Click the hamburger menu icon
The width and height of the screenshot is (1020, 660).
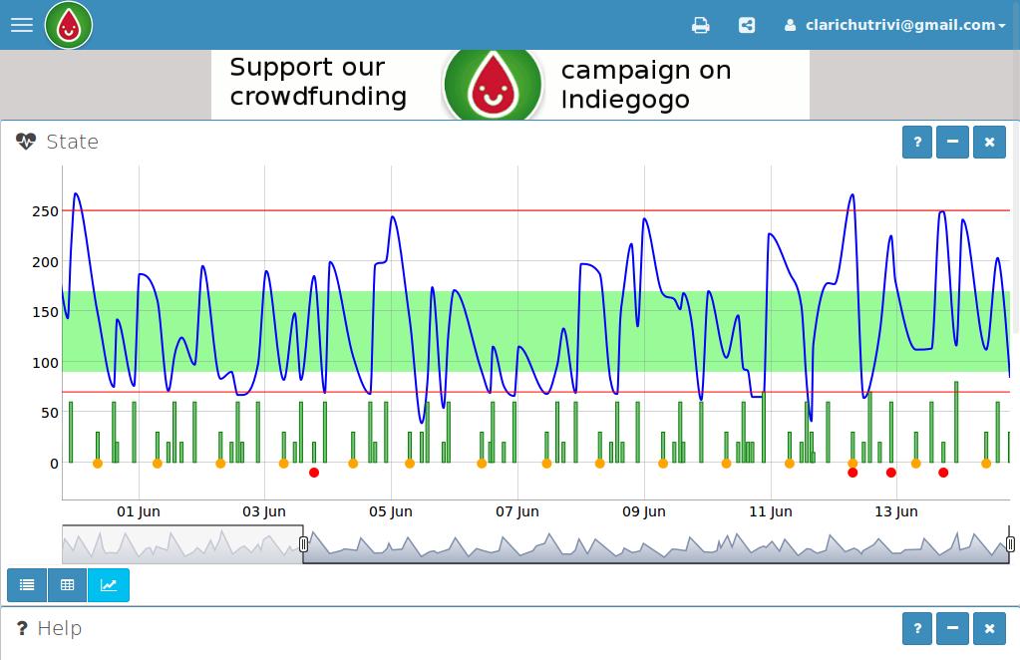[22, 25]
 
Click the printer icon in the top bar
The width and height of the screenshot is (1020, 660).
[701, 25]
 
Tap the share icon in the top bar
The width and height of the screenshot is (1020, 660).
[747, 25]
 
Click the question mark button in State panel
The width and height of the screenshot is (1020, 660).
[917, 142]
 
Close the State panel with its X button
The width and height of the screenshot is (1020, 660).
[989, 142]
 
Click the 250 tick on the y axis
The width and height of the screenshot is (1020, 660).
[45, 211]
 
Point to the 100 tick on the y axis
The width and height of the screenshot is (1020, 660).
[45, 363]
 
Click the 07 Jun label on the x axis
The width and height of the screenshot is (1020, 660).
[516, 511]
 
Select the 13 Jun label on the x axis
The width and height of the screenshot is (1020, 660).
[895, 511]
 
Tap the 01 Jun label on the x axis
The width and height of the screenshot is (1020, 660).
[138, 511]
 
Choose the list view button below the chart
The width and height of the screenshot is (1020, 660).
[27, 585]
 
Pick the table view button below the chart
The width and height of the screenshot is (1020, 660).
[68, 585]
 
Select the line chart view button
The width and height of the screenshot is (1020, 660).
[109, 585]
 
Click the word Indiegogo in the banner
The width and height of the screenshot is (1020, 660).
[625, 99]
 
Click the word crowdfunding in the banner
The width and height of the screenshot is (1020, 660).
[318, 97]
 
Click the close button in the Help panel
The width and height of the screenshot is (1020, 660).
[989, 628]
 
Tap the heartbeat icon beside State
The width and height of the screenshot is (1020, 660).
[26, 142]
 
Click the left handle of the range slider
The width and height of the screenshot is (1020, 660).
[303, 544]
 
